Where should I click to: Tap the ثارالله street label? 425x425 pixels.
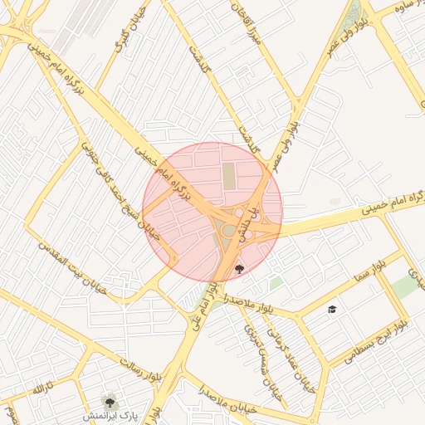(42, 388)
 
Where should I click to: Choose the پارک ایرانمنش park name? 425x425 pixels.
(108, 413)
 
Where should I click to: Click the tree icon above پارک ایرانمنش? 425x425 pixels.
(109, 399)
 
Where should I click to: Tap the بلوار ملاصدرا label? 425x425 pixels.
(248, 302)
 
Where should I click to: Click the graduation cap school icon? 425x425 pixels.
(332, 309)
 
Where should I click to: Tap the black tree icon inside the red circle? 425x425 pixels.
(240, 268)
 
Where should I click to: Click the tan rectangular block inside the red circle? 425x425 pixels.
(228, 175)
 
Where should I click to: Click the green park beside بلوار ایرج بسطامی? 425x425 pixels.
(404, 286)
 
